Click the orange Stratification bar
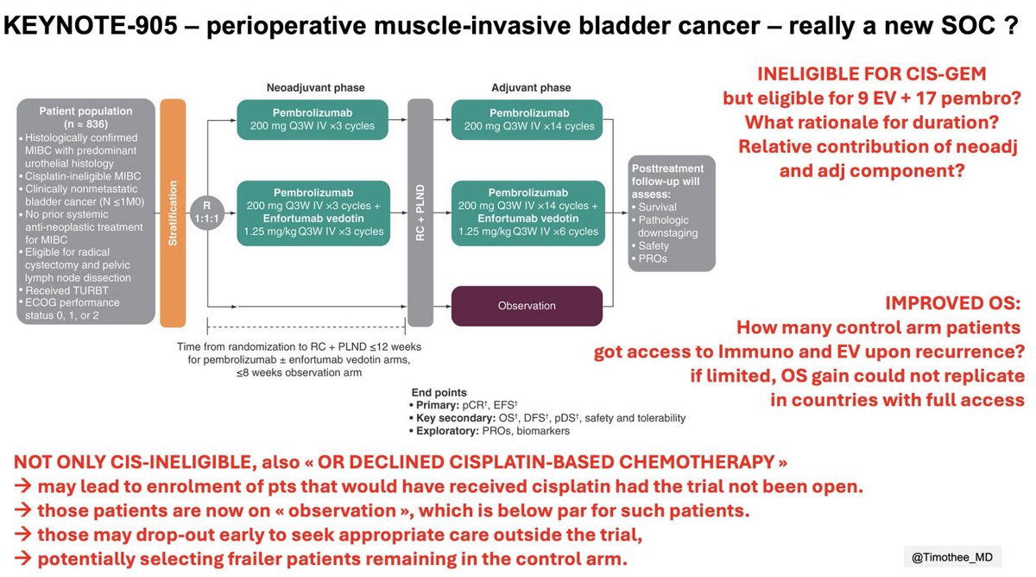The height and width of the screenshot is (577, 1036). pos(173,212)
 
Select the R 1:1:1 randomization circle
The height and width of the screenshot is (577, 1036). pos(207,212)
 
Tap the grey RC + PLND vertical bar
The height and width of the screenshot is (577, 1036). pos(420,212)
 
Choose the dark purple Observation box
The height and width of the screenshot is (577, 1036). pos(527,306)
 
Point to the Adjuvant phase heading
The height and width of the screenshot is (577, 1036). pos(530,87)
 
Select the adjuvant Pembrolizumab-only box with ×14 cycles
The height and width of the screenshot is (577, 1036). pos(527,119)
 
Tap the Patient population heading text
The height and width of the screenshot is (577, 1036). pos(85,117)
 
